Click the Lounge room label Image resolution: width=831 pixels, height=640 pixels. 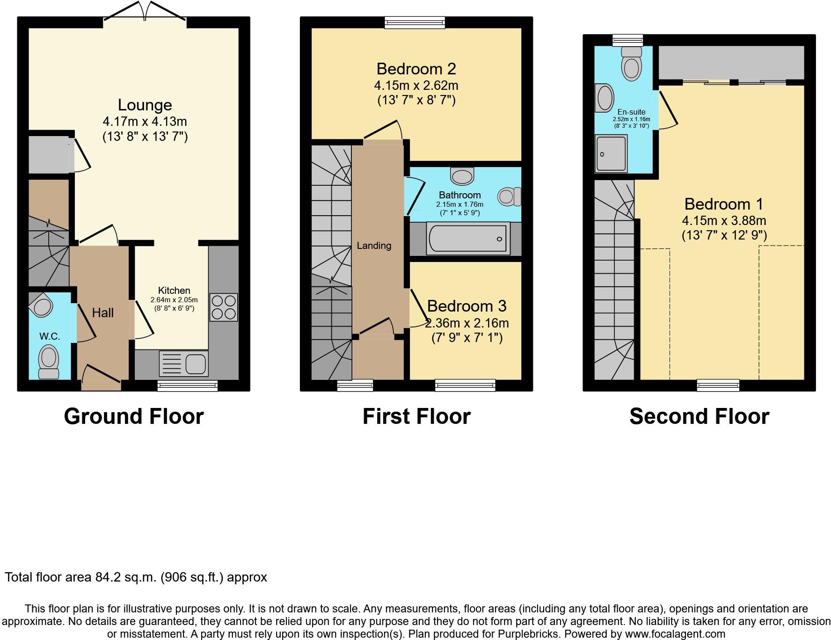145,105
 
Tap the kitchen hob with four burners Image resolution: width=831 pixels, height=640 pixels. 224,307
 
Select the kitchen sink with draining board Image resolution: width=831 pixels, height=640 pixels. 184,364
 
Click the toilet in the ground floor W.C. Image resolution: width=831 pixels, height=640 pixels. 49,361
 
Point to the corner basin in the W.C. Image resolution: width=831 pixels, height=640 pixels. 41,305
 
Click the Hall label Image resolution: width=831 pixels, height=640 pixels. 102,313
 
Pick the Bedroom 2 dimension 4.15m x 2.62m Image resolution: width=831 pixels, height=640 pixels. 416,86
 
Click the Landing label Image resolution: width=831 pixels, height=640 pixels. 374,246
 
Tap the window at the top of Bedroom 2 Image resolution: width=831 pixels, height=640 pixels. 415,22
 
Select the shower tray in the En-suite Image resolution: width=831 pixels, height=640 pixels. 611,153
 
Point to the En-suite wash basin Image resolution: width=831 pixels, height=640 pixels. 605,98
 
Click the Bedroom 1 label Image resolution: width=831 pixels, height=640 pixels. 723,204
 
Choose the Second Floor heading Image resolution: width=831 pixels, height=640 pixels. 699,416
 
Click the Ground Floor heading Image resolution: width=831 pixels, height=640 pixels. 134,416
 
